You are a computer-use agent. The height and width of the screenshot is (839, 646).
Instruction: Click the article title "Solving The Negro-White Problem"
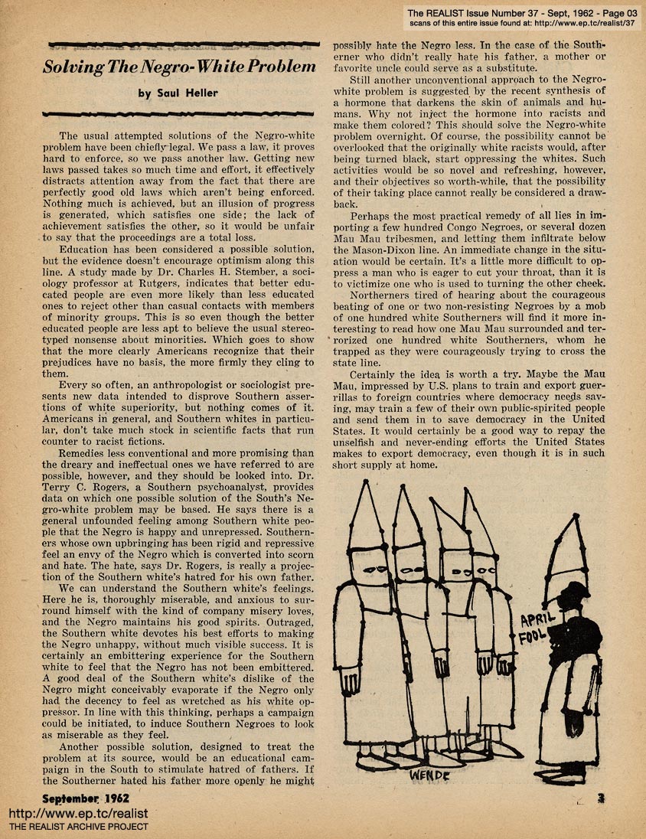coord(179,67)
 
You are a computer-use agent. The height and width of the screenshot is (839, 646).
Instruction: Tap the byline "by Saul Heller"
coord(179,93)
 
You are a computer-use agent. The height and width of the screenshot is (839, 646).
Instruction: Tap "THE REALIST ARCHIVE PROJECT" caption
coord(79,827)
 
